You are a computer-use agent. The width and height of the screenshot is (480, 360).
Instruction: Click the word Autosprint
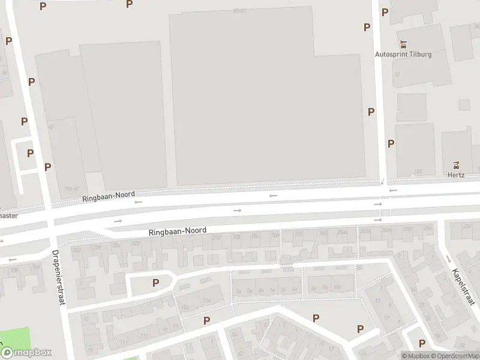[391, 54]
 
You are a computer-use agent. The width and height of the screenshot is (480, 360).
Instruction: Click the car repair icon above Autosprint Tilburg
[403, 43]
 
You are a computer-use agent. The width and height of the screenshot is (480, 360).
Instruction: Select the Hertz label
[457, 175]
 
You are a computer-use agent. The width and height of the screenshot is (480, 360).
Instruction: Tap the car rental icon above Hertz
[457, 164]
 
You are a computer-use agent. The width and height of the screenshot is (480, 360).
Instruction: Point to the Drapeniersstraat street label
[58, 277]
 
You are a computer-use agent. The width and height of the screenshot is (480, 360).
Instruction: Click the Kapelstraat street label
[460, 279]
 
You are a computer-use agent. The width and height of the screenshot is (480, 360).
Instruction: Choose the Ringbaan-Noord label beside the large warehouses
[109, 197]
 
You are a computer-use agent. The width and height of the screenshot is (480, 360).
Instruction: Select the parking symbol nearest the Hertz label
[391, 143]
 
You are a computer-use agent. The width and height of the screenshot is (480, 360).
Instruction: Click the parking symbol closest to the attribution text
[422, 343]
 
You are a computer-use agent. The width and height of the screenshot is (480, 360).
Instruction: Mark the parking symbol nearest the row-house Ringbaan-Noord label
[156, 283]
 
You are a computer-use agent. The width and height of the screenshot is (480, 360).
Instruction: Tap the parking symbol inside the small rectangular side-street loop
[30, 153]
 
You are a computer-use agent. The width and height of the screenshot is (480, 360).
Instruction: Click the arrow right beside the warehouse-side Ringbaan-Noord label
[139, 202]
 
